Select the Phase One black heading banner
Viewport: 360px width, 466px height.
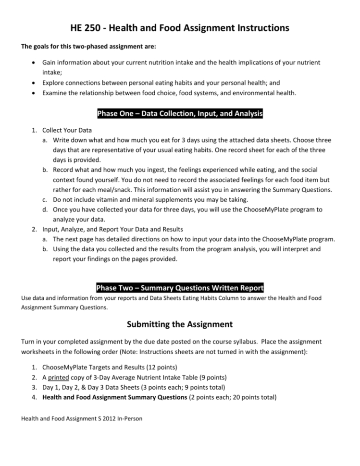coord(180,114)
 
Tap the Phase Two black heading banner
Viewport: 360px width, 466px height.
coord(180,288)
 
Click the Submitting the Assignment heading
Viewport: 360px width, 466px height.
coord(180,324)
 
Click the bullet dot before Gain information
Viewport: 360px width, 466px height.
coord(32,63)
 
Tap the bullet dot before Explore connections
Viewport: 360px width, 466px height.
coord(32,82)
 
